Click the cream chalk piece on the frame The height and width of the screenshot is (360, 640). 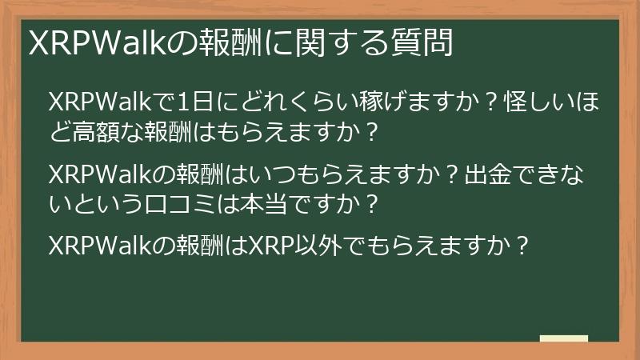pos(564,338)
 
